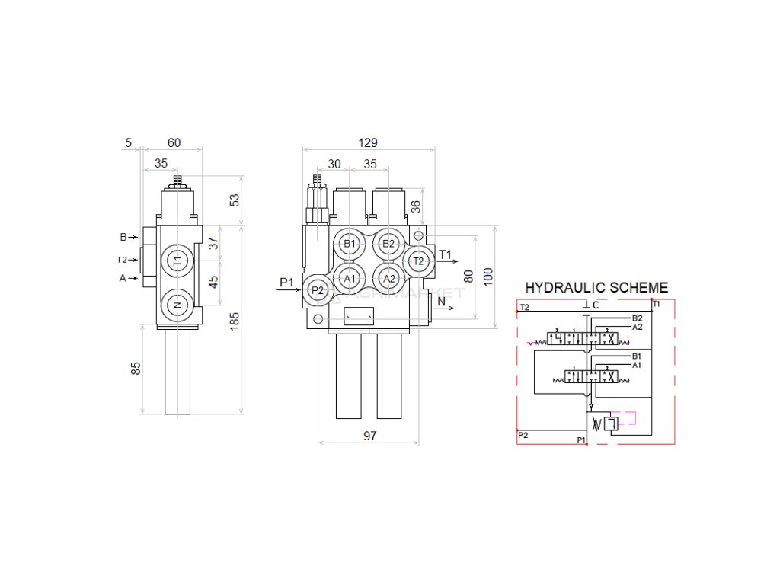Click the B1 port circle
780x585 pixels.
click(x=350, y=244)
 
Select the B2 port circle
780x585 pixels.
click(x=388, y=244)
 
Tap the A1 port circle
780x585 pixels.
click(x=350, y=278)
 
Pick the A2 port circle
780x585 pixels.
click(x=388, y=278)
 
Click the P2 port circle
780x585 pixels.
click(x=318, y=290)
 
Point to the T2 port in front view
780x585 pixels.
click(x=417, y=261)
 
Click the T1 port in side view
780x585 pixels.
click(x=177, y=261)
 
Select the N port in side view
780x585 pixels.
click(x=177, y=305)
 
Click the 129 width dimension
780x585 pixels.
click(x=368, y=142)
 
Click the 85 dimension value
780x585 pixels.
click(x=136, y=369)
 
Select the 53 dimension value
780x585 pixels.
click(x=235, y=200)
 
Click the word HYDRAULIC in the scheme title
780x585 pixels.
click(x=562, y=287)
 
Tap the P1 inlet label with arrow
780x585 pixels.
click(x=286, y=283)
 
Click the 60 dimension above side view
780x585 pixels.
click(x=174, y=142)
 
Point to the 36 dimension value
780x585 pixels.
click(x=415, y=206)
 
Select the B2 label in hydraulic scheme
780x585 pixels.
click(x=638, y=318)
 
